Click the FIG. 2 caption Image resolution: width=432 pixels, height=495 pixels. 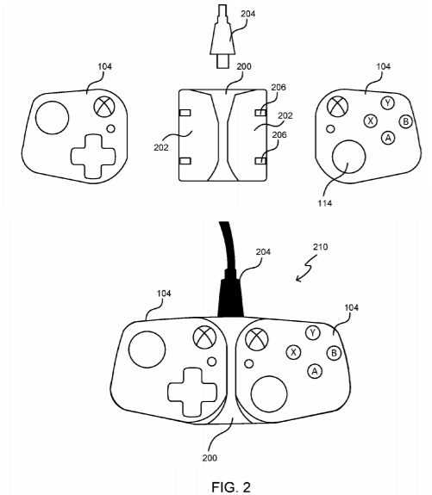(231, 486)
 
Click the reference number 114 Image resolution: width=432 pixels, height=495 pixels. (325, 203)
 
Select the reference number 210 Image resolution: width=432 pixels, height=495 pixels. (321, 246)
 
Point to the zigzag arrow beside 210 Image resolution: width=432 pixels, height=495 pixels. (306, 269)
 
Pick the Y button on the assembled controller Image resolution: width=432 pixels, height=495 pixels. (313, 333)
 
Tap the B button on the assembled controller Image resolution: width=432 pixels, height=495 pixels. (334, 353)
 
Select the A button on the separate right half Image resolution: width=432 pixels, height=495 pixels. (388, 138)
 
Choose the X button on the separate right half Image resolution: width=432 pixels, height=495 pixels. (371, 121)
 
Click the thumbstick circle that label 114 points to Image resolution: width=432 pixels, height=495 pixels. (349, 157)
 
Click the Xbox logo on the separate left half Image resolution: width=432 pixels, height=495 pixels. (104, 107)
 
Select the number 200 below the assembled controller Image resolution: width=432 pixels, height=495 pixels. (210, 458)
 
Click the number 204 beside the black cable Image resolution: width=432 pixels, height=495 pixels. (263, 251)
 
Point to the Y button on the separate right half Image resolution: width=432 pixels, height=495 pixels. (388, 103)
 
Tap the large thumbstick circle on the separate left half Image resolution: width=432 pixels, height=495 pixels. (53, 117)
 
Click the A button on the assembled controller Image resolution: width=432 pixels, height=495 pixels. (315, 372)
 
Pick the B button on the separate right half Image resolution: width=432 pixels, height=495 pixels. (406, 121)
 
